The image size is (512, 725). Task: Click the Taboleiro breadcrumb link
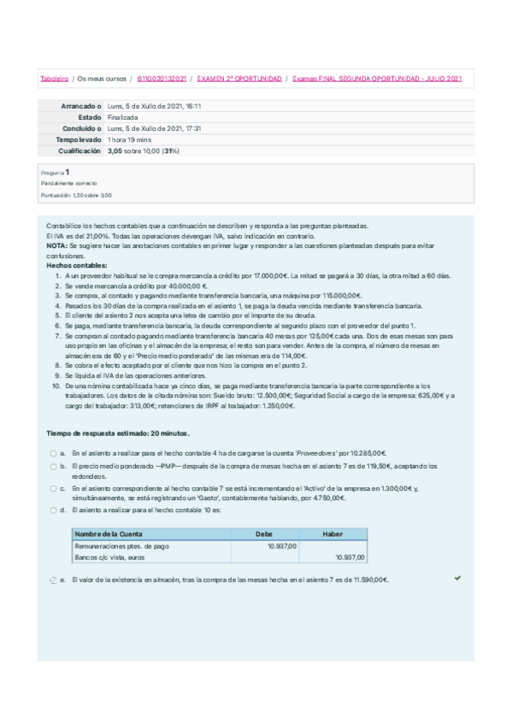tap(55, 79)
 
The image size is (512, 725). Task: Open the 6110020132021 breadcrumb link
tap(162, 79)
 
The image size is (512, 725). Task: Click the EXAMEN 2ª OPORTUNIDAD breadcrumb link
tap(239, 79)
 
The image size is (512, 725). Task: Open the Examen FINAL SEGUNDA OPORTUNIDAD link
tap(377, 79)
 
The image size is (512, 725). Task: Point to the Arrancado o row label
tap(82, 106)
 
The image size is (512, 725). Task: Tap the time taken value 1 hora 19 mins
tap(130, 139)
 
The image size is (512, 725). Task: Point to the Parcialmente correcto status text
tap(69, 183)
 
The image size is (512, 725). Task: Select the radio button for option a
tap(53, 453)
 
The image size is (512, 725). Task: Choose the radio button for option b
tap(53, 467)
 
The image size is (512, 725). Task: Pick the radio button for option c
tap(53, 488)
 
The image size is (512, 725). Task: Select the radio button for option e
tap(53, 581)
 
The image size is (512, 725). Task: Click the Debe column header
tap(265, 533)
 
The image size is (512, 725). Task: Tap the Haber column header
tap(333, 533)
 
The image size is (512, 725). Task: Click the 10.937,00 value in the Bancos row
tap(349, 557)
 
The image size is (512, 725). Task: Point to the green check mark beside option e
tap(458, 579)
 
